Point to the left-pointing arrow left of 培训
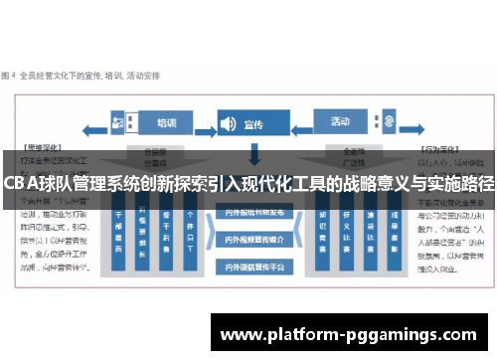[95, 127]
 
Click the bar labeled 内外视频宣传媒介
[253, 240]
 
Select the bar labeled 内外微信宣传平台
[253, 266]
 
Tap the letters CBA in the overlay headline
[19, 184]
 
